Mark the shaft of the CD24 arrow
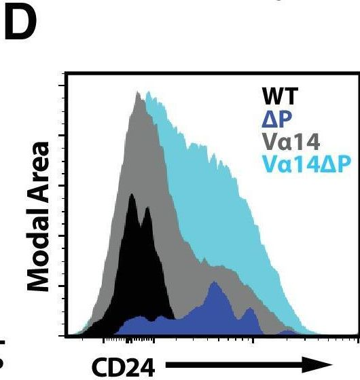[238, 367]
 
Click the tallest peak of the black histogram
[132, 195]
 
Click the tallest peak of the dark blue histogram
[215, 283]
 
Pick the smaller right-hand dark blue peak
[250, 309]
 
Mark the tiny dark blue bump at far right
[288, 331]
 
